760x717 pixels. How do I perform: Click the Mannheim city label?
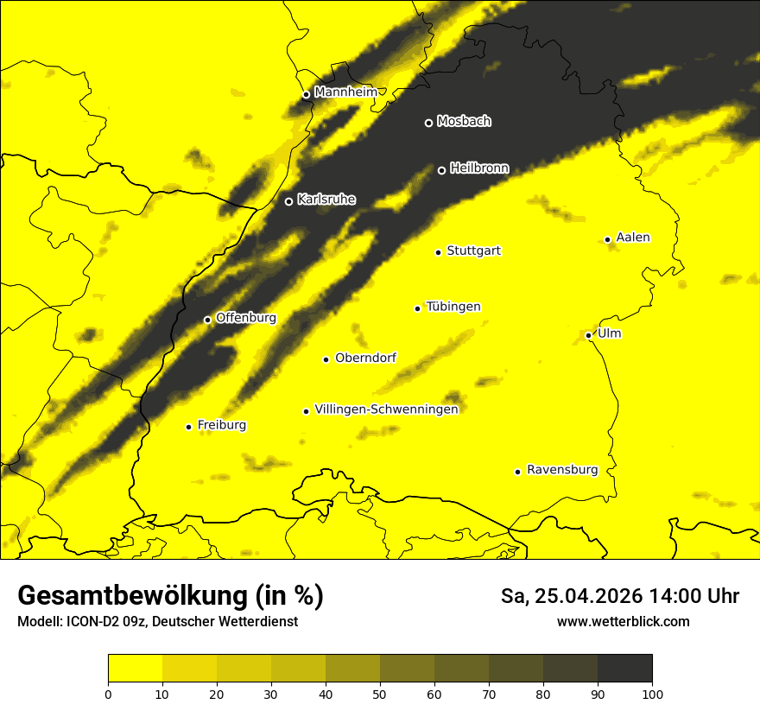346,92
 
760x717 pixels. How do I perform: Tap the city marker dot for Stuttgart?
439,252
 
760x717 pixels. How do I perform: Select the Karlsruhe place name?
326,200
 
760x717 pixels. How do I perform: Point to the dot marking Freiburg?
188,427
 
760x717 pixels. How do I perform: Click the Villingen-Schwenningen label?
386,409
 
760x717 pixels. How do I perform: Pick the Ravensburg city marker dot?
518,472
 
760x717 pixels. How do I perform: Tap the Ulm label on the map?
609,333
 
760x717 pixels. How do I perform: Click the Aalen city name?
633,238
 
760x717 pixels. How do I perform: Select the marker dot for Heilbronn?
441,170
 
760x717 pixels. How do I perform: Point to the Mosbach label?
464,121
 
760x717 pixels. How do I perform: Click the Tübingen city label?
453,307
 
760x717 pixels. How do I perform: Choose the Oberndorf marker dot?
326,359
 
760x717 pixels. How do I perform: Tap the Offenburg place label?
246,318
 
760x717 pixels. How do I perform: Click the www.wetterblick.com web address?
624,622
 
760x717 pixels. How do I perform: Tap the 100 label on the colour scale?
652,693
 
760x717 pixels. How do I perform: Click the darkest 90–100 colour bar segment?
624,668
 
